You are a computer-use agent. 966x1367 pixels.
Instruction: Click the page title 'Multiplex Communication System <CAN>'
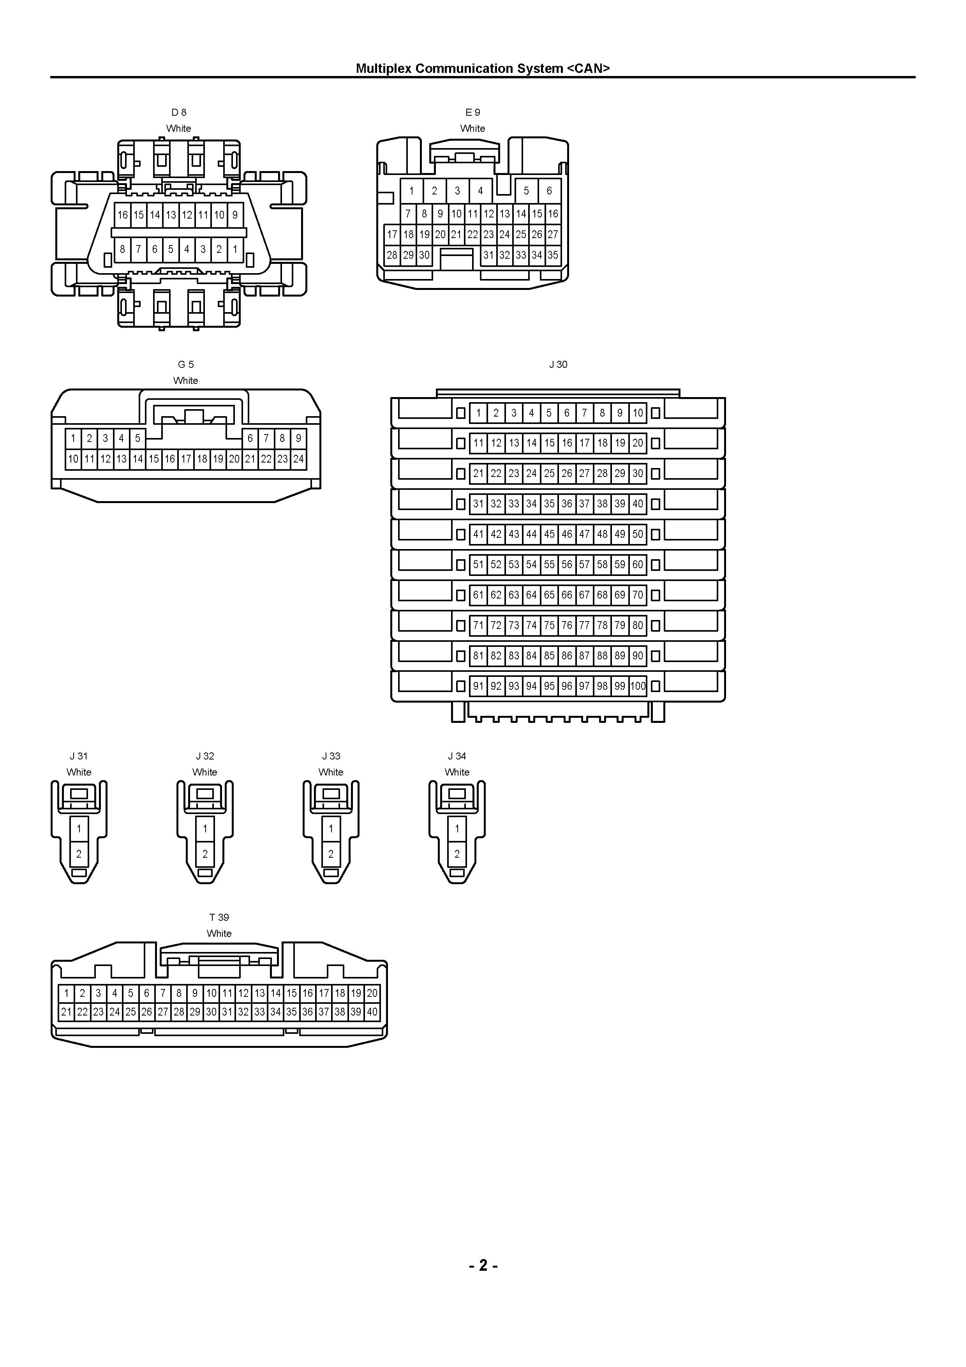tap(483, 69)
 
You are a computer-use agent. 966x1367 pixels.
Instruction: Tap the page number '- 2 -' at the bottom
tap(483, 1265)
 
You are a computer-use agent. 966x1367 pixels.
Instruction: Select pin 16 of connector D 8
tap(123, 215)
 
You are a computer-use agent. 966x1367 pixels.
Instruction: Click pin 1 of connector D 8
tap(235, 249)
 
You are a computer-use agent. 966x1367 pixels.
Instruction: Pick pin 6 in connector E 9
tap(549, 191)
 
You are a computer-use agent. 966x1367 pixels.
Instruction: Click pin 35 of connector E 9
tap(553, 255)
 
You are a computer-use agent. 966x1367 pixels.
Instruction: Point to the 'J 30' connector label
tap(558, 364)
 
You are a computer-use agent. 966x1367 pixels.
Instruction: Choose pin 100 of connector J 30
tap(638, 686)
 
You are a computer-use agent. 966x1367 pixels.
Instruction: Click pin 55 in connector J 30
tap(549, 564)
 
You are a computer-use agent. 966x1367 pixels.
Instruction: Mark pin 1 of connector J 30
tap(479, 413)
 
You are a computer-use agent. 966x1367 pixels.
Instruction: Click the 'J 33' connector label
tap(331, 756)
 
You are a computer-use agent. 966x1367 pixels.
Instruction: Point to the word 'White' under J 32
tap(205, 772)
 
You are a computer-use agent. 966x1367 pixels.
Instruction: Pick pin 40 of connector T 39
tap(372, 1012)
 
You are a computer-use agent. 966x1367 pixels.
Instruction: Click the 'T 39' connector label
tap(219, 917)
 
